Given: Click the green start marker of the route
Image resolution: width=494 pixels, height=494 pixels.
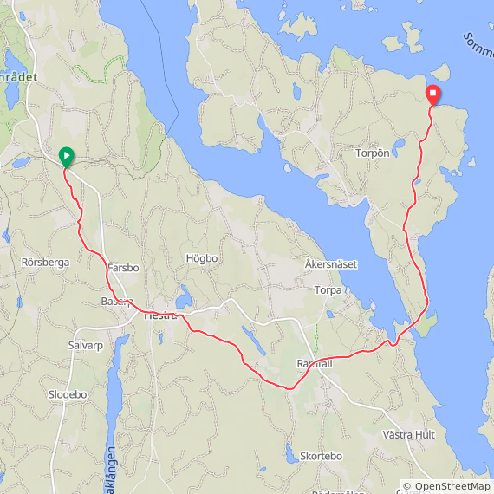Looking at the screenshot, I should click(66, 156).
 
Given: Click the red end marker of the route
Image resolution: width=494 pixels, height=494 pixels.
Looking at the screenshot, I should click(433, 94).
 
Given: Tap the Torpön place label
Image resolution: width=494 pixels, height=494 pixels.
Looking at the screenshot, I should click(374, 153).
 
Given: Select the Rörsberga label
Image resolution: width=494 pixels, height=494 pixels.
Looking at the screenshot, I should click(45, 262).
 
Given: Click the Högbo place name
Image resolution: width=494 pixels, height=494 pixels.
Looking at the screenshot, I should click(201, 258).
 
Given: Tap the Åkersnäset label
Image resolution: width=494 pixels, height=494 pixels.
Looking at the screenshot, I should click(331, 263).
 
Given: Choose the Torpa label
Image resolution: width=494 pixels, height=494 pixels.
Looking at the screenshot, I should click(328, 290).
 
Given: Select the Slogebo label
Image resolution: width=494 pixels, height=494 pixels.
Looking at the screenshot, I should click(68, 394).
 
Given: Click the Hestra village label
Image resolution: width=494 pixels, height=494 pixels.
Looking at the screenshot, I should click(159, 316).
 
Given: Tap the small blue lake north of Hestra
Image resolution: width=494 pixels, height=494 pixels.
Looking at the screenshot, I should click(183, 300).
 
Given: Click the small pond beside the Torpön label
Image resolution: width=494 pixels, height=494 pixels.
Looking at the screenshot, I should click(400, 144).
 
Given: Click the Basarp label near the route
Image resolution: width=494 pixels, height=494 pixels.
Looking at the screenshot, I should click(116, 302).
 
